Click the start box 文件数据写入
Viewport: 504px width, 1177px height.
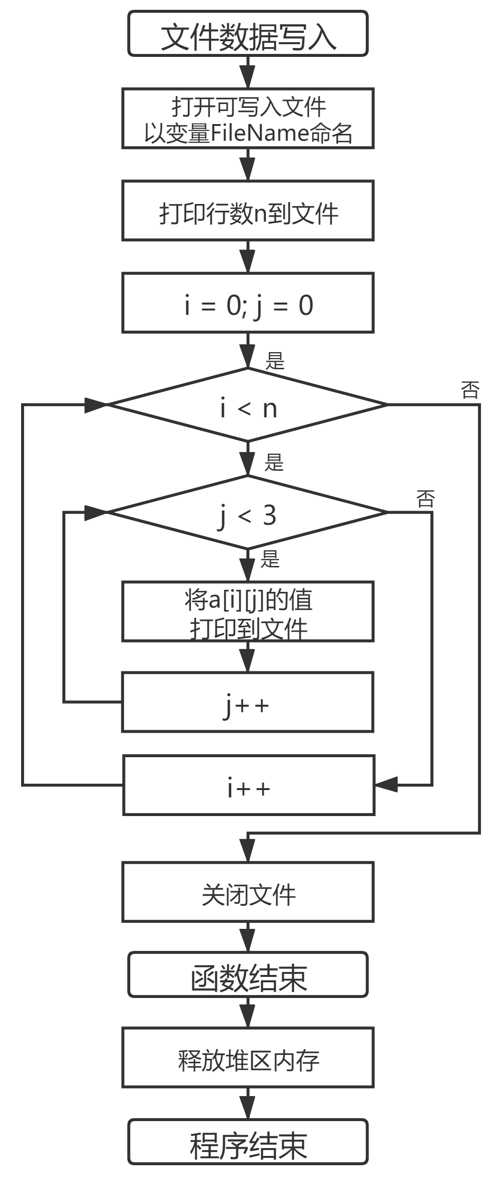pyautogui.click(x=248, y=34)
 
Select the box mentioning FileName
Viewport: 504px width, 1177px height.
pyautogui.click(x=248, y=119)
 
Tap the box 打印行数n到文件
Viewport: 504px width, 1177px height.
pyautogui.click(x=248, y=211)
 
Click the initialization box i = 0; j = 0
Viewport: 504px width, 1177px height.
pyautogui.click(x=248, y=303)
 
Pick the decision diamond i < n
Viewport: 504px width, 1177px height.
pyautogui.click(x=248, y=405)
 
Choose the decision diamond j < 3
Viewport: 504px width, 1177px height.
pyautogui.click(x=248, y=512)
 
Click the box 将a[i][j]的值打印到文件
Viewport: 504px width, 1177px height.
pyautogui.click(x=248, y=612)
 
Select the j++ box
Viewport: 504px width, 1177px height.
pyautogui.click(x=248, y=702)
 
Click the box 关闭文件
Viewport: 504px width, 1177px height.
pyautogui.click(x=248, y=892)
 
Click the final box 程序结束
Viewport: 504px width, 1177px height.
pyautogui.click(x=248, y=1142)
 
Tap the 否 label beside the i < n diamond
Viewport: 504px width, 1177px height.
pyautogui.click(x=470, y=390)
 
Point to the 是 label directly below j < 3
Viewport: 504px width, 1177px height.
pyautogui.click(x=270, y=559)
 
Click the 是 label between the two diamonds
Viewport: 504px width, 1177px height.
pyautogui.click(x=274, y=462)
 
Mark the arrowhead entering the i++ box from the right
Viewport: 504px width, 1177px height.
pyautogui.click(x=386, y=785)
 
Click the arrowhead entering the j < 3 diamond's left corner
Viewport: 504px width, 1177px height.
pyautogui.click(x=96, y=512)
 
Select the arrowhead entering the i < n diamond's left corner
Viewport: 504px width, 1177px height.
pyautogui.click(x=96, y=405)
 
